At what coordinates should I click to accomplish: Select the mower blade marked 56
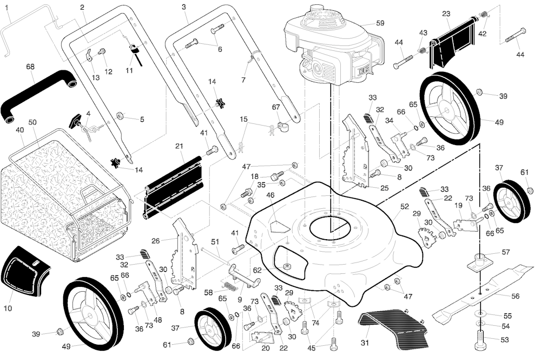[x=482, y=292]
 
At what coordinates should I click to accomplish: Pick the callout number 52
[x=404, y=206]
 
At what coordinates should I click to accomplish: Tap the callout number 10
[x=7, y=308]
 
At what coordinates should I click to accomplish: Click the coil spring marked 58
[x=229, y=284]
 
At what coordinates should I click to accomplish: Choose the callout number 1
[x=7, y=7]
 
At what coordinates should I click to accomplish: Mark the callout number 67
[x=276, y=107]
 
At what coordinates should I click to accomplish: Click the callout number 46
[x=270, y=195]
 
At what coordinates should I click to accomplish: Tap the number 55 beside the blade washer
[x=507, y=316]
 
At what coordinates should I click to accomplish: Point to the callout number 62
[x=257, y=270]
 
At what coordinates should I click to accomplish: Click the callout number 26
[x=156, y=241]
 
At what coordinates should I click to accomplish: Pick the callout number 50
[x=32, y=122]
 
